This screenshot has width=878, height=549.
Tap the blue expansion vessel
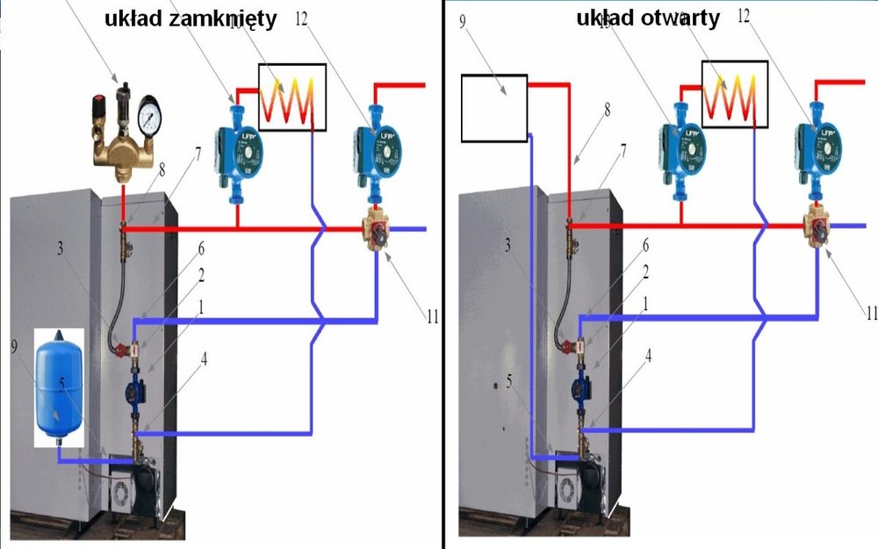tap(58, 386)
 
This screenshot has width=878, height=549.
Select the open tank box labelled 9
tap(493, 108)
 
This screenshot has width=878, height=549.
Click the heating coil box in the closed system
tap(292, 97)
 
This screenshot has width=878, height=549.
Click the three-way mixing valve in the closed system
tap(378, 230)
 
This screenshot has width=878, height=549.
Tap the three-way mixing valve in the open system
tap(820, 229)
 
